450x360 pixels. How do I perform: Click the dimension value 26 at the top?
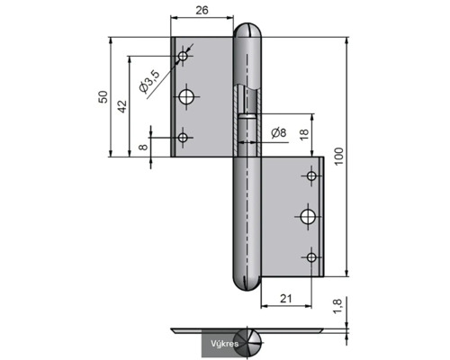[x=202, y=10]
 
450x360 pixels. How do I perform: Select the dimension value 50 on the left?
[x=103, y=96]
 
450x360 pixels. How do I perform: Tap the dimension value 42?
[x=122, y=106]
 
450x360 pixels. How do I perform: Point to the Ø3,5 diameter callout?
[x=148, y=81]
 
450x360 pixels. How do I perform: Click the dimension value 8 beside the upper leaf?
[x=144, y=147]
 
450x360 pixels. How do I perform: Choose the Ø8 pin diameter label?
[x=278, y=132]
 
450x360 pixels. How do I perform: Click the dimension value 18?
[x=304, y=134]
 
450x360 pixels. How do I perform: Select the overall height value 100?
[x=338, y=157]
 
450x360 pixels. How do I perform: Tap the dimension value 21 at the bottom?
[x=285, y=299]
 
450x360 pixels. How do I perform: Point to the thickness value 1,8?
[x=337, y=306]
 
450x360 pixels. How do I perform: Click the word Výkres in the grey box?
[x=224, y=344]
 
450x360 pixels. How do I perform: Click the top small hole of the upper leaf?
[x=183, y=56]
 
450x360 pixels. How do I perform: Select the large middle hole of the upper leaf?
[x=186, y=97]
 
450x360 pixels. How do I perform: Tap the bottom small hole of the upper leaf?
[x=183, y=138]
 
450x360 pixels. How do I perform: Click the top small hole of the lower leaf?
[x=311, y=175]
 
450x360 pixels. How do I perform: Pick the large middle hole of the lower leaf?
[x=308, y=217]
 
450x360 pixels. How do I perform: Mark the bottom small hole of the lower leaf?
[x=311, y=257]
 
